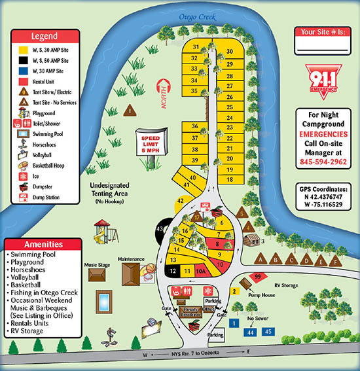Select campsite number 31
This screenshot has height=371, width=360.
(x=195, y=47)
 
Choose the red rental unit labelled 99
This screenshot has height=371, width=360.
(x=257, y=277)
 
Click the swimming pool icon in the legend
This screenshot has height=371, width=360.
(x=20, y=133)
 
